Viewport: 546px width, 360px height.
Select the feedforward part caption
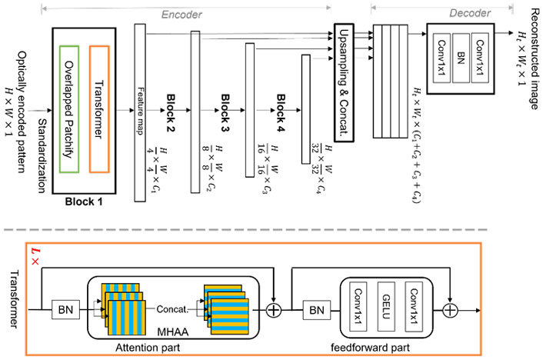pos(387,347)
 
